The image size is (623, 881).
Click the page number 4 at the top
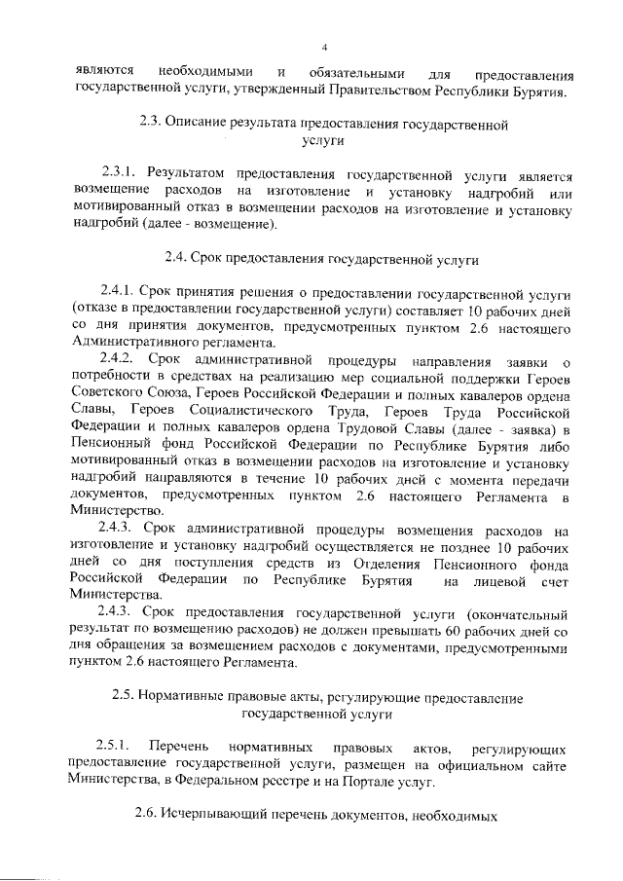point(325,47)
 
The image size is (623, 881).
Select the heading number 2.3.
point(150,125)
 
